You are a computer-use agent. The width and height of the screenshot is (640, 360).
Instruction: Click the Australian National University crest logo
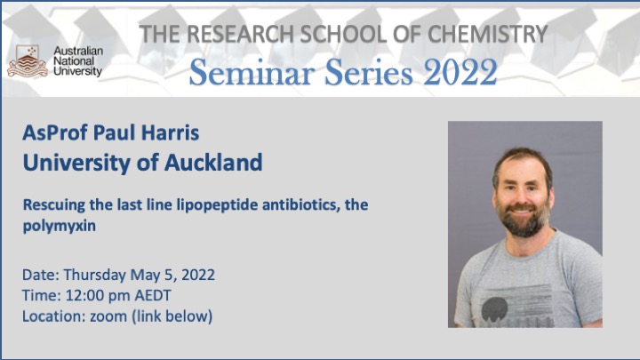click(x=28, y=61)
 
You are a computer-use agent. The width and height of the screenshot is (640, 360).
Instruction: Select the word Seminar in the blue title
click(x=252, y=72)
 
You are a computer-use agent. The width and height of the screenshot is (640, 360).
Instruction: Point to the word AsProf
click(x=55, y=132)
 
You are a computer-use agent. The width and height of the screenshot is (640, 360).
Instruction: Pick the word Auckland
click(x=213, y=163)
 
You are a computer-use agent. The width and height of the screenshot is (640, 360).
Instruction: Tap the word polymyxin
click(x=60, y=226)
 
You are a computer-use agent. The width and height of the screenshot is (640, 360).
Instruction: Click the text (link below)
click(x=172, y=316)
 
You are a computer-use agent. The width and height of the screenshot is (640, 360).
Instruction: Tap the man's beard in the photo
click(x=523, y=219)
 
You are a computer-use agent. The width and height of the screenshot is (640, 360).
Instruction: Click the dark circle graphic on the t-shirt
click(x=494, y=308)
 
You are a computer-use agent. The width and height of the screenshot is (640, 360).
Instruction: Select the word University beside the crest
click(x=78, y=71)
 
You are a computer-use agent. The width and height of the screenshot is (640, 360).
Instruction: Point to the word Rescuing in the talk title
click(x=54, y=205)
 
